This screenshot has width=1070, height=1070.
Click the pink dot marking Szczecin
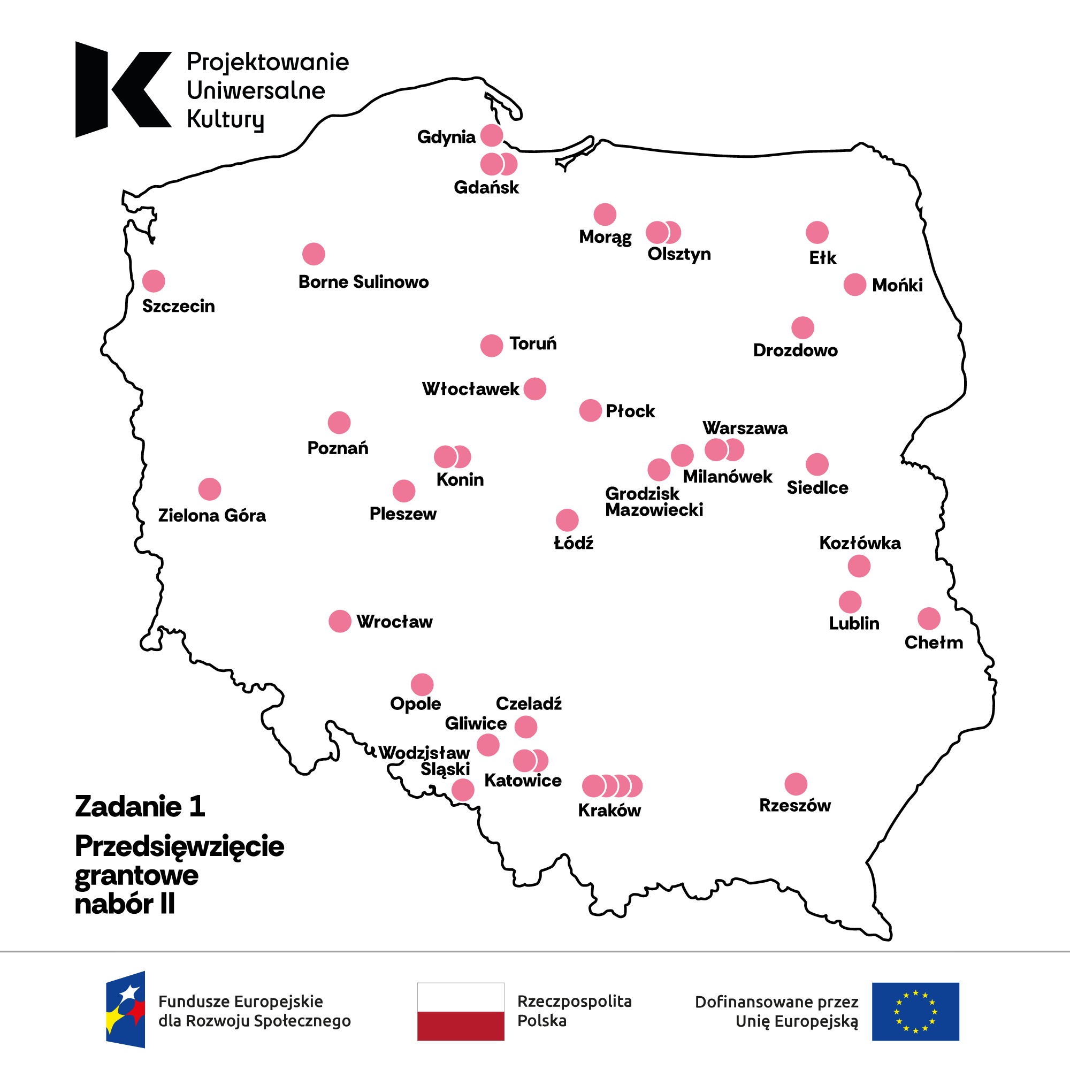(x=154, y=281)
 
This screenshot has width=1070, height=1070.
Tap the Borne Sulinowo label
(x=363, y=282)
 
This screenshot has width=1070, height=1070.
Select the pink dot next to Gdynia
(x=491, y=135)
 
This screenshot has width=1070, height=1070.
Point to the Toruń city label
(x=533, y=343)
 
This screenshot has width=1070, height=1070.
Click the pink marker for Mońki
(x=854, y=285)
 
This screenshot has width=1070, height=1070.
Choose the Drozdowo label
(x=796, y=350)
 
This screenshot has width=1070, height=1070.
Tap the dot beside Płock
(x=591, y=410)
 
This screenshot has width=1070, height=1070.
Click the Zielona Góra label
(x=212, y=516)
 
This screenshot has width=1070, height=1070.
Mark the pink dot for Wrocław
(x=340, y=621)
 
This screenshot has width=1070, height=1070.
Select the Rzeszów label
(x=795, y=805)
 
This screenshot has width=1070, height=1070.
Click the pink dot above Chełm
(x=929, y=618)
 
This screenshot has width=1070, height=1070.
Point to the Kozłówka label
(x=860, y=542)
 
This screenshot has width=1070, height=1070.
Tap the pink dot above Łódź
(x=567, y=520)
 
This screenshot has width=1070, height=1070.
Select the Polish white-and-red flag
(x=461, y=1012)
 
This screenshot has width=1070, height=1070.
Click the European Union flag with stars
(x=915, y=1012)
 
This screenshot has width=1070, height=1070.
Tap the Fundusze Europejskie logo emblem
(x=126, y=1010)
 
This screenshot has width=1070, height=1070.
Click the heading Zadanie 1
(x=140, y=806)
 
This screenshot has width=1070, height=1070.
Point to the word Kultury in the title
(x=225, y=119)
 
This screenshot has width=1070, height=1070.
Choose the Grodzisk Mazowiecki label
(x=654, y=501)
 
